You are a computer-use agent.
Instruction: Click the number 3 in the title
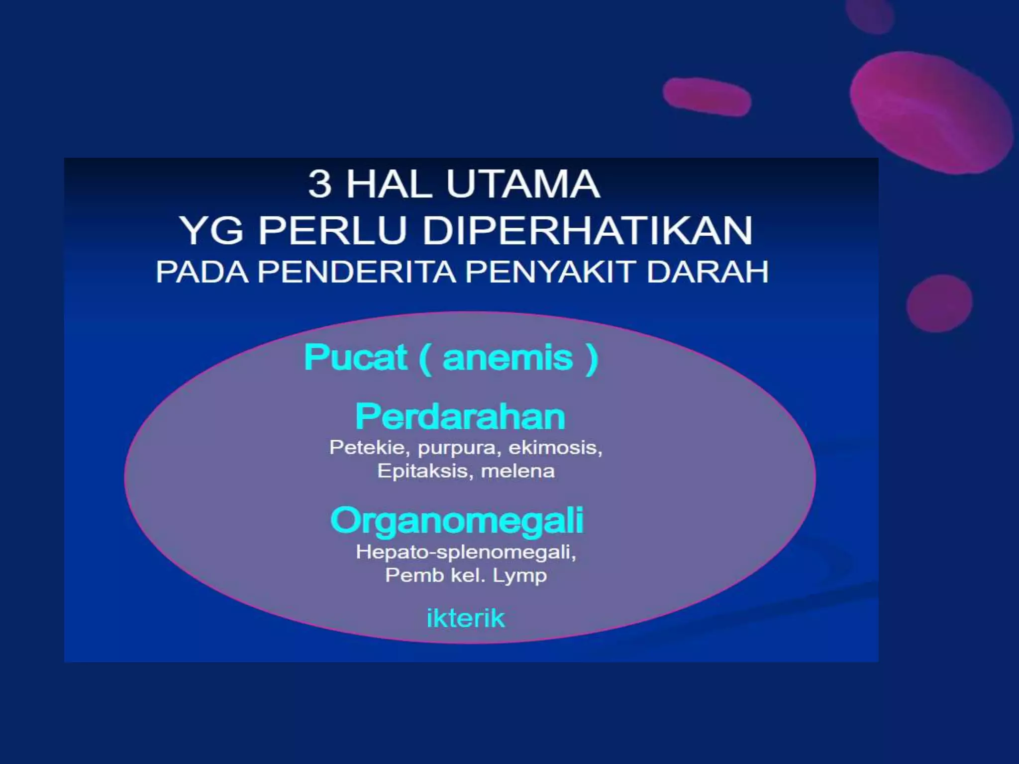coord(319,185)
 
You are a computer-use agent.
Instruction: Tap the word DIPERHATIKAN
coord(587,231)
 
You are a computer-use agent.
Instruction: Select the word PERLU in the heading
coord(332,231)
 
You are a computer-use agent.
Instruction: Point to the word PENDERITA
coord(356,272)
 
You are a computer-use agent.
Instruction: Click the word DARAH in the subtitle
coord(707,272)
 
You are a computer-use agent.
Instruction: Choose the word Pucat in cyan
coord(355,358)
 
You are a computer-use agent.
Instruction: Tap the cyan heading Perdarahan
coord(460,417)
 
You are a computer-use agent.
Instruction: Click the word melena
coord(517,471)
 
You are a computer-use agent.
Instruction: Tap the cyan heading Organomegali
coord(457,521)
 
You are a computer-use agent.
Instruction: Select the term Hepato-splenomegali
coord(466,552)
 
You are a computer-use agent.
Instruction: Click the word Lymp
coord(519,576)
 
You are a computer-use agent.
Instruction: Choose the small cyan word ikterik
coord(466,618)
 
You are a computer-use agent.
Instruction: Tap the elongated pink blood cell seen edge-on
coord(707,96)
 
